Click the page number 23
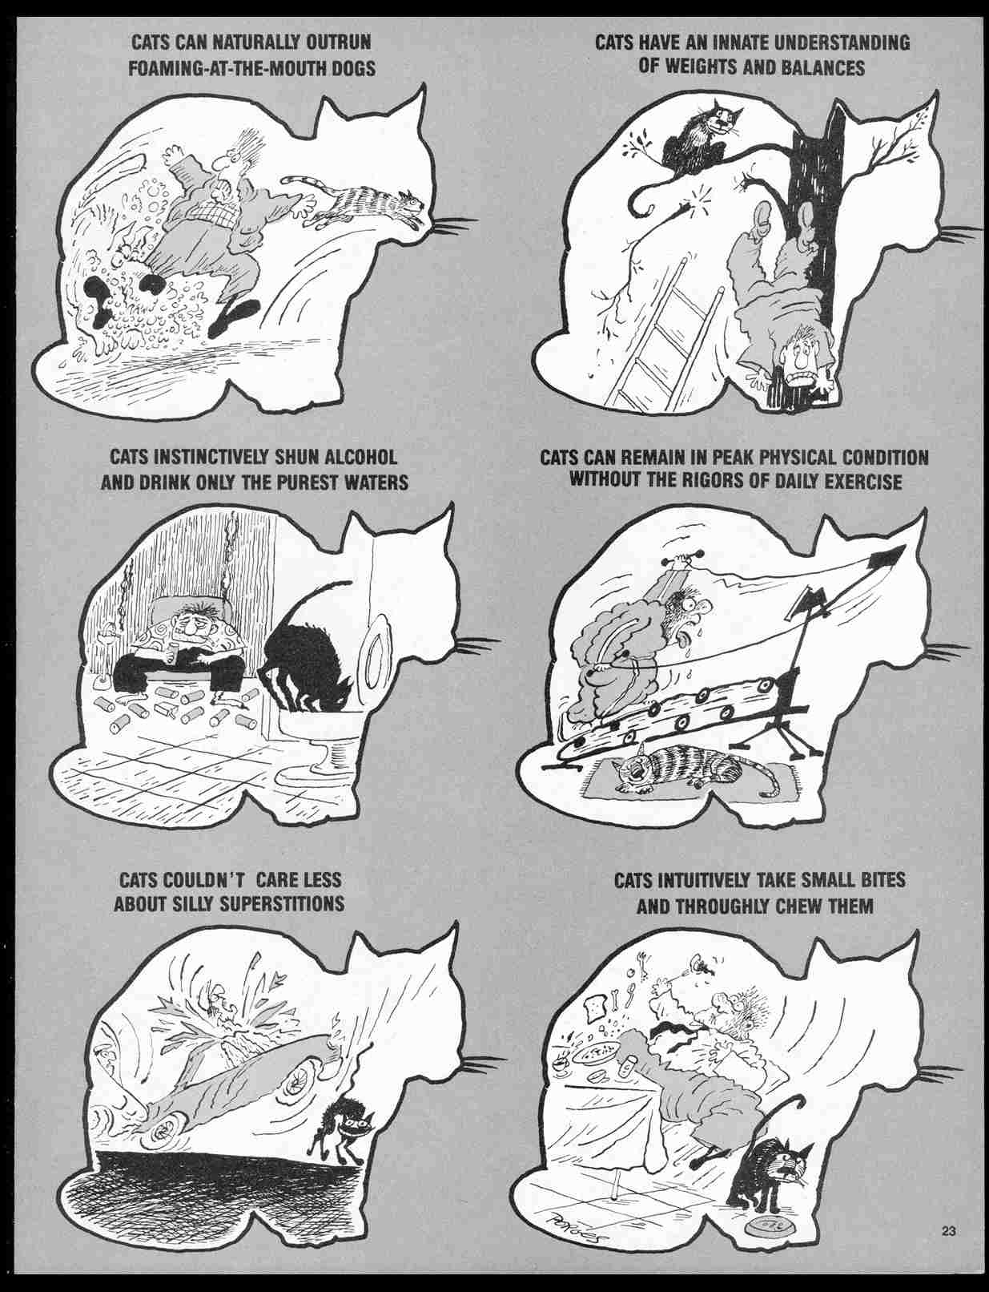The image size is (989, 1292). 949,1231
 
